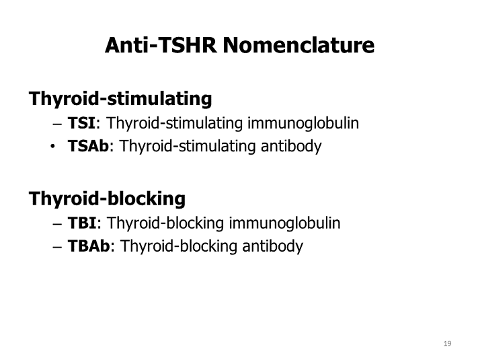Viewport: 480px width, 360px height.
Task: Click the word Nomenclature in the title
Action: (298, 46)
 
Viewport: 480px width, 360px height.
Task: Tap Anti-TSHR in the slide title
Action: (161, 46)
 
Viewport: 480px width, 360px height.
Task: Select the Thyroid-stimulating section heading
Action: (120, 100)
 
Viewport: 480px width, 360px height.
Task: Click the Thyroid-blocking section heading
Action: (107, 199)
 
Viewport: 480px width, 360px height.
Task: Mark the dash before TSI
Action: (56, 124)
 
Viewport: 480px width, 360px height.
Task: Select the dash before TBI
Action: (56, 224)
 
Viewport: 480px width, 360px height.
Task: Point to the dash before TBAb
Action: (56, 247)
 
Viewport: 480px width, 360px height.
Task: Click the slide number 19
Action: (447, 345)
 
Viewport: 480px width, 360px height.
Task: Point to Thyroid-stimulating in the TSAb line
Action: (182, 147)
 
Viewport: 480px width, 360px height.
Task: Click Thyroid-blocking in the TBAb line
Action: (173, 246)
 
